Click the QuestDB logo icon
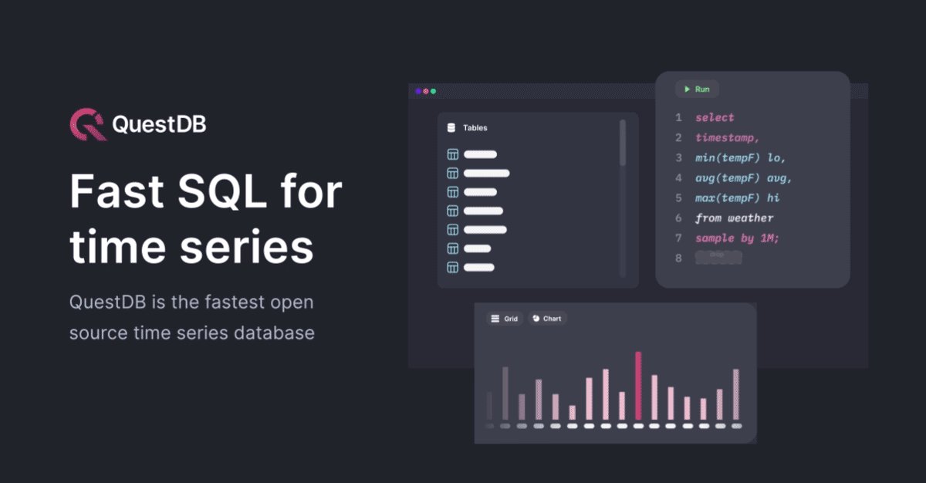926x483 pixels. (x=87, y=124)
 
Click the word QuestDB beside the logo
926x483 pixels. (x=159, y=124)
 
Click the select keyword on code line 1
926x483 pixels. (x=715, y=117)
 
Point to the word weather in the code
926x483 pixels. (x=750, y=218)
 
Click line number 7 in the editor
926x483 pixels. (x=678, y=238)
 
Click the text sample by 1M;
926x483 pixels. (x=737, y=238)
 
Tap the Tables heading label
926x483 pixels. (x=475, y=128)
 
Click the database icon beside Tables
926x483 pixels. (x=451, y=128)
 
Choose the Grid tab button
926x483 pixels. (x=505, y=319)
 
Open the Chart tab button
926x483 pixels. (x=547, y=319)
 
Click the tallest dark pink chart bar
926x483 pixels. (x=638, y=386)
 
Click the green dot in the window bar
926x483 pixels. (x=433, y=91)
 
